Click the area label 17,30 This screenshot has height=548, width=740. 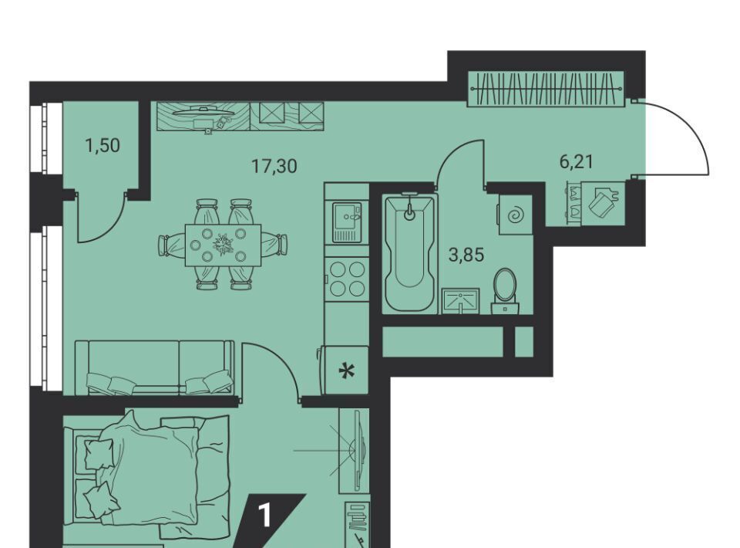tap(274, 166)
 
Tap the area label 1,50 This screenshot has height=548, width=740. tap(103, 146)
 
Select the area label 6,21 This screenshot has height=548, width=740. tap(576, 162)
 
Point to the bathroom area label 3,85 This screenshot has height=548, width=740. tap(466, 255)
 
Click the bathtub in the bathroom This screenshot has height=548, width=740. tap(409, 252)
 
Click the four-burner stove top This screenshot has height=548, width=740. tap(348, 279)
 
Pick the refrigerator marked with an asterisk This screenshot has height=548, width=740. tap(345, 370)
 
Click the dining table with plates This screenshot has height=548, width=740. tap(223, 245)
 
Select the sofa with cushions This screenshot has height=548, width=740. tap(155, 367)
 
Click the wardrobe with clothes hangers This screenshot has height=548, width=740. tap(547, 89)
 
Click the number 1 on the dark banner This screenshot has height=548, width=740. tap(266, 516)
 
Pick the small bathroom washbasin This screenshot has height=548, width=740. tap(460, 301)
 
